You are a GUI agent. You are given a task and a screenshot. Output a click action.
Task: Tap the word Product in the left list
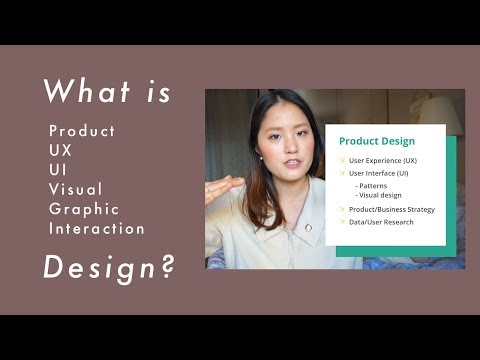82,132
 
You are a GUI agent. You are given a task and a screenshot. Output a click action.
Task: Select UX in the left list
61,151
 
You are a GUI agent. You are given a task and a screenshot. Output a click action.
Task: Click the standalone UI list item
58,170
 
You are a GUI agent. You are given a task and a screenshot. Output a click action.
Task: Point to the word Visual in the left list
76,190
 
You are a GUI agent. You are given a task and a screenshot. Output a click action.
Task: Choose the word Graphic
84,209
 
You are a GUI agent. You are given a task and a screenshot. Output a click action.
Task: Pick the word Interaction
97,229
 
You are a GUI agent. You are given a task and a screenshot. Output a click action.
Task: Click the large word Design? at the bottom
107,268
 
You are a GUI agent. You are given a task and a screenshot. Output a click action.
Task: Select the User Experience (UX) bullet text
382,160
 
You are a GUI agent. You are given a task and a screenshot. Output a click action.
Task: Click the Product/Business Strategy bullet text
391,209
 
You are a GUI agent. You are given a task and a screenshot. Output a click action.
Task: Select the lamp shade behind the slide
441,113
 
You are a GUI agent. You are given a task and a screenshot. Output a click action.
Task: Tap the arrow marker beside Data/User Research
342,222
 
